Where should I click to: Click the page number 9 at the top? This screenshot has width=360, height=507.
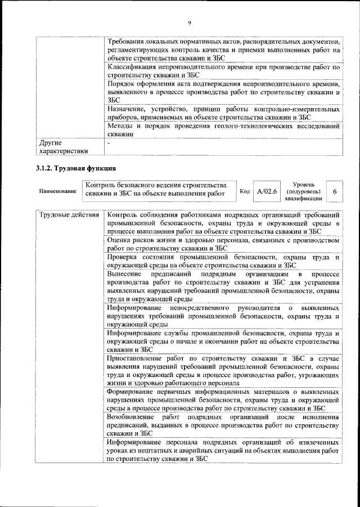(190, 22)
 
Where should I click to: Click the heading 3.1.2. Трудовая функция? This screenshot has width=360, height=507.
(76, 168)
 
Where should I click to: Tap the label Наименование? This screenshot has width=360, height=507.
(58, 191)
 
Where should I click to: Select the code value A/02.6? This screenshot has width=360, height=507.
(267, 191)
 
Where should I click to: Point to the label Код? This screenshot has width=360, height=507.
(245, 191)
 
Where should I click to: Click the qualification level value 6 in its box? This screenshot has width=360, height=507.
(334, 191)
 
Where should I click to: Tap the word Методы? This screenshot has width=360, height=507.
(121, 126)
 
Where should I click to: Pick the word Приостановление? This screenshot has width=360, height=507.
(136, 358)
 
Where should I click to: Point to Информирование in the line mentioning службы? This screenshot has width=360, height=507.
(134, 334)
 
